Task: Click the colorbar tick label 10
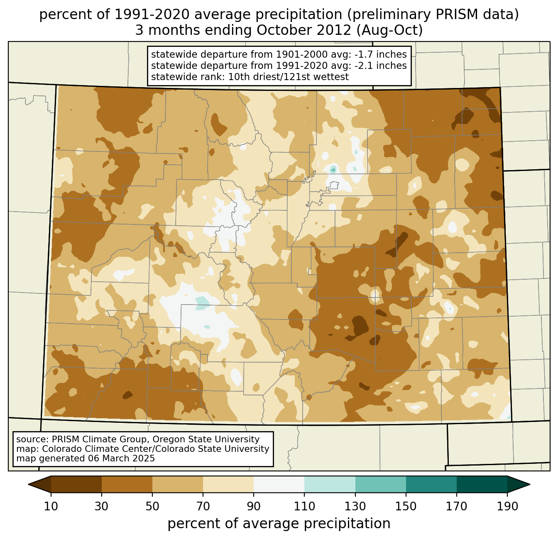coord(51,506)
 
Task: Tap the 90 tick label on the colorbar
coord(254,506)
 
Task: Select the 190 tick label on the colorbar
coord(507,506)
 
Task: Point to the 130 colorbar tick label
coord(355,506)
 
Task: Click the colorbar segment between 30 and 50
coord(127,484)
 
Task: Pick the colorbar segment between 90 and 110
coord(279,484)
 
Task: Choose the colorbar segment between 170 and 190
coord(482,484)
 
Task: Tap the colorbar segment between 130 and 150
coord(381,484)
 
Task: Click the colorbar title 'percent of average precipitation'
coord(279,524)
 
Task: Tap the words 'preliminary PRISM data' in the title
coord(429,15)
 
